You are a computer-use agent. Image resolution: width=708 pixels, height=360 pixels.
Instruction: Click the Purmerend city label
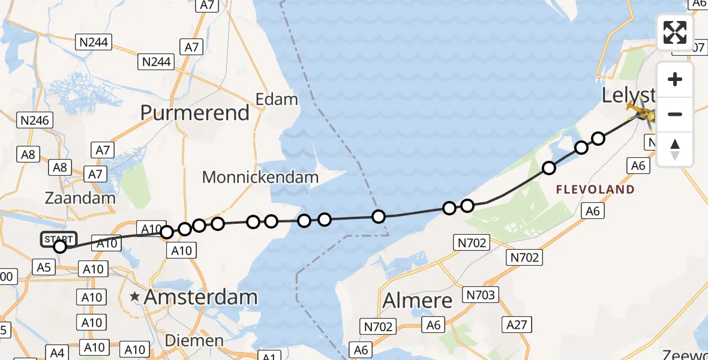point(195,113)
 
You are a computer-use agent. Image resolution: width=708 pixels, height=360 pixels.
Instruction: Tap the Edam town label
point(277,99)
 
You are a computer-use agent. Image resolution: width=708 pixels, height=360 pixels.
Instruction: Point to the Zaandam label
point(80,199)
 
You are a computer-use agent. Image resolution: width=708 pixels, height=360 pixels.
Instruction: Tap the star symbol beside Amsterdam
point(135,296)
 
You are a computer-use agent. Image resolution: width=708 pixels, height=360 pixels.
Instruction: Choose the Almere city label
point(418,300)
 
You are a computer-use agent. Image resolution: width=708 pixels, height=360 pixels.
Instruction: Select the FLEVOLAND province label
point(595,190)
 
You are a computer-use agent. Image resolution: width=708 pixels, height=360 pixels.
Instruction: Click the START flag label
point(59,239)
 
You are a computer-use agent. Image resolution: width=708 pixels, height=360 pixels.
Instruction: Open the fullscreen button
point(675,32)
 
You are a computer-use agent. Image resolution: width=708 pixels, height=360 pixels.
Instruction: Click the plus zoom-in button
point(675,79)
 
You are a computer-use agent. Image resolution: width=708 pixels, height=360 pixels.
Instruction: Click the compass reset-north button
point(675,149)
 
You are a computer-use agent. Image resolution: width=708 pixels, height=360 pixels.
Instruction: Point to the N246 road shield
point(34,120)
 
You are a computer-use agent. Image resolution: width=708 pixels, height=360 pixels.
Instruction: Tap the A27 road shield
point(517,325)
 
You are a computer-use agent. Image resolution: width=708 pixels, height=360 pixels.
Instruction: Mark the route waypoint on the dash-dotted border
point(379,217)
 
